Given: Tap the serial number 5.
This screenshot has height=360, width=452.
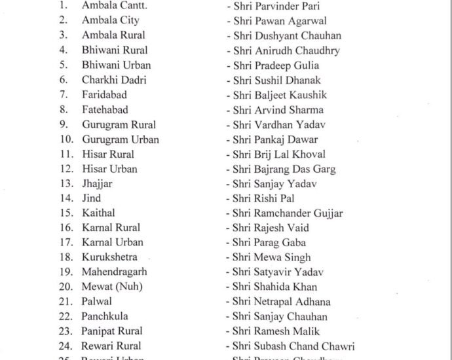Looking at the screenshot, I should (x=64, y=65).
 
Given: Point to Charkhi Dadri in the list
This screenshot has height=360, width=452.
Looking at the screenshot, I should (x=114, y=80).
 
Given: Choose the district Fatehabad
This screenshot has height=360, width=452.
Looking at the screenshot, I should (x=105, y=109).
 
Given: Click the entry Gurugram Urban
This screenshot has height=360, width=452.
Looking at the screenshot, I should (x=121, y=139).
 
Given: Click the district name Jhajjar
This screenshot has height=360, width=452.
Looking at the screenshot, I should (x=97, y=184).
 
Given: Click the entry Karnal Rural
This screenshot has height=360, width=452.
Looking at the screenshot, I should (x=111, y=228).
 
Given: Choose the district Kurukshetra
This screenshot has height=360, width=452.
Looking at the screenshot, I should (x=109, y=257).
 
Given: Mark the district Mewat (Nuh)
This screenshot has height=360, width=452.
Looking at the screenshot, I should (x=112, y=287).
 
